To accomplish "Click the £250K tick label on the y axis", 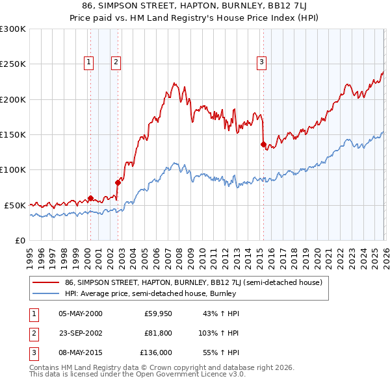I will coord(13,64).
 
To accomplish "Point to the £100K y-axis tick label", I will coord(13,169).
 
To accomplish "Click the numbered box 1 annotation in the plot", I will coord(88,62).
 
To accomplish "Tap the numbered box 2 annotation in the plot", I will coord(116,62).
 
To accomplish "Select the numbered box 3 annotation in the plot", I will coord(261,62).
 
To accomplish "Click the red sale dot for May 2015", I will coord(263,145).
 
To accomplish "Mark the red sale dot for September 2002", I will coord(118,182).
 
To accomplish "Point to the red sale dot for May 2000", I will coord(91,198).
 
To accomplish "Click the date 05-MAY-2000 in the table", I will coord(81,314).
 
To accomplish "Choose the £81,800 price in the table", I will coord(158,333).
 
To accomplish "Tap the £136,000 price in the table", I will coord(157,352).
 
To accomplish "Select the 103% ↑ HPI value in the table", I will coord(220,333).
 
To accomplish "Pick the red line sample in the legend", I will coord(45,282).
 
